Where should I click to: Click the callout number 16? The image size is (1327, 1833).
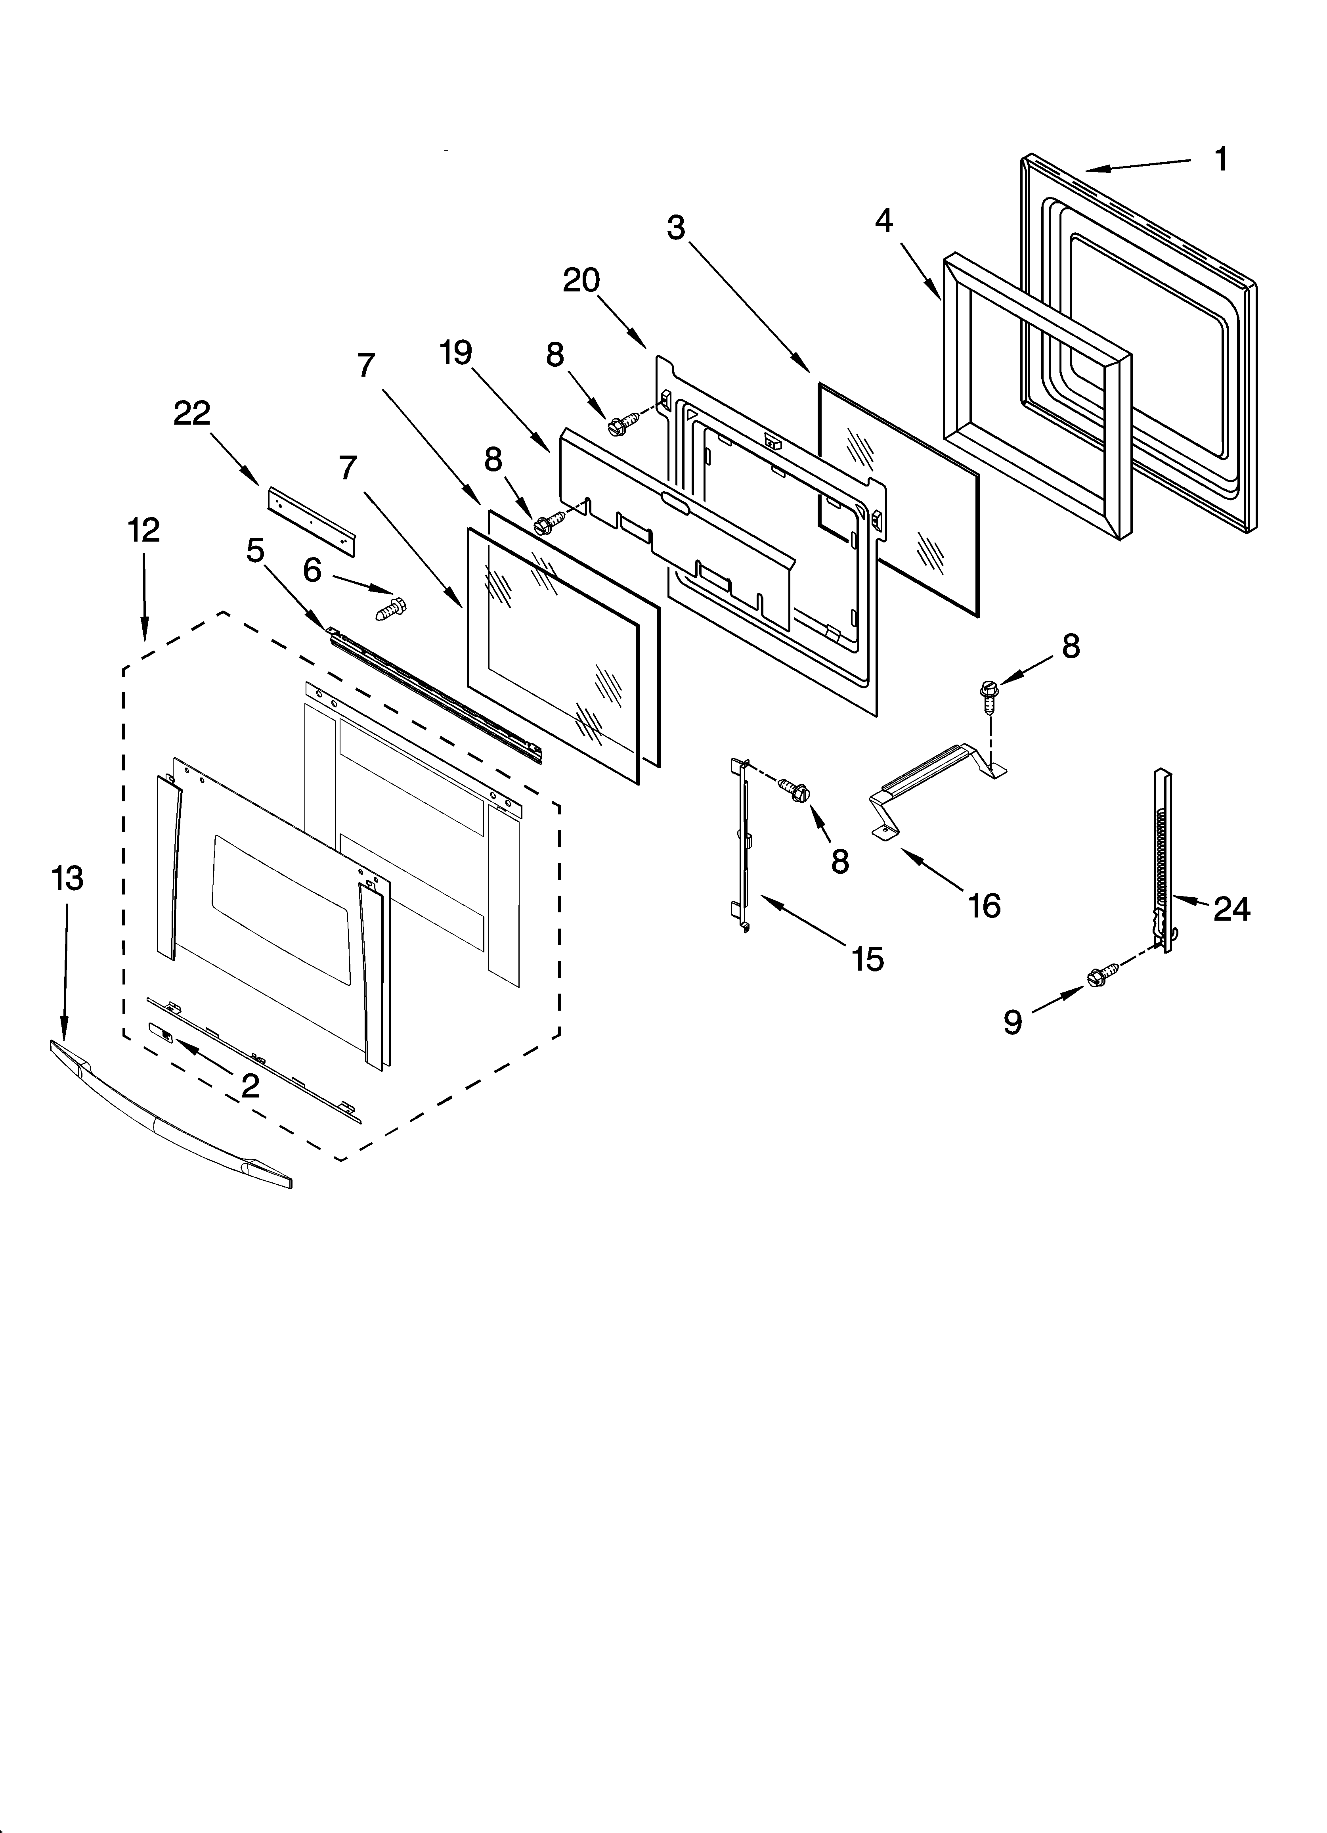(984, 906)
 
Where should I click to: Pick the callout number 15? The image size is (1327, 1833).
(867, 960)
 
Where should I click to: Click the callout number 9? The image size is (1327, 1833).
(1013, 1023)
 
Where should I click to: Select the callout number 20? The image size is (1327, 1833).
(581, 280)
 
